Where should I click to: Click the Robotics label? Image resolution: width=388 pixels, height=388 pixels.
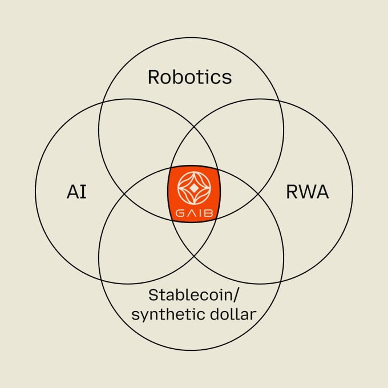(190, 76)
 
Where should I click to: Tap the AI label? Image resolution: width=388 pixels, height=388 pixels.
(76, 192)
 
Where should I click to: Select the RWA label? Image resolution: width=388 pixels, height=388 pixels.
(307, 192)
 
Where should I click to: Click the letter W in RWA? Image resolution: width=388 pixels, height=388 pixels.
(307, 192)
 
